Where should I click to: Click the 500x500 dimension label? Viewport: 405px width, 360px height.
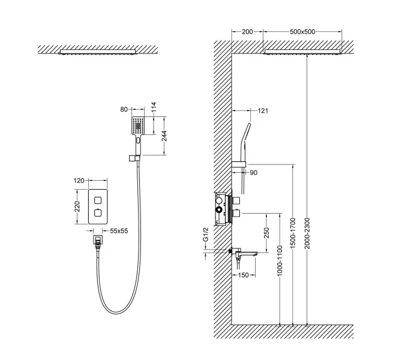tap(302, 32)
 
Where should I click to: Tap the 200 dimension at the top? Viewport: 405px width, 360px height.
tap(247, 32)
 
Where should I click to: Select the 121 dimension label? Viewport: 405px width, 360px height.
tap(263, 111)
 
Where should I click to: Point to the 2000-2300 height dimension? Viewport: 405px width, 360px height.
tap(307, 233)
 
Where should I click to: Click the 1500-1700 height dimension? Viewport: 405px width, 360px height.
tap(293, 233)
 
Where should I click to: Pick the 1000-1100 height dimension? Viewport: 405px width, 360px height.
tap(280, 261)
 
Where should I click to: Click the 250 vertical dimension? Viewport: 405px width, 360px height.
tap(266, 233)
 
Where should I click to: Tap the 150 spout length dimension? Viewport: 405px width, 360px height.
tap(243, 275)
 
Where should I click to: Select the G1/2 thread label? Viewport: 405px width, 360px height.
tap(206, 235)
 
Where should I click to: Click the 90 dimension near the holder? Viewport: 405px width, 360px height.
tap(254, 173)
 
